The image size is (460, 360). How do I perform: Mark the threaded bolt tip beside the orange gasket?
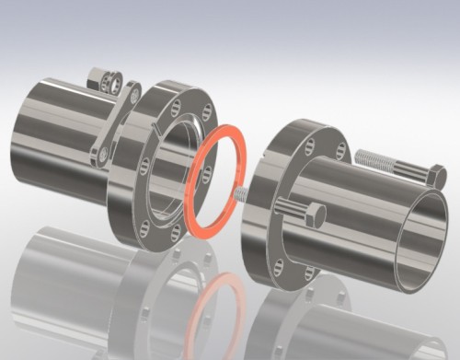238,195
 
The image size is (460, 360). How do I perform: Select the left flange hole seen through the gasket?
207,173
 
